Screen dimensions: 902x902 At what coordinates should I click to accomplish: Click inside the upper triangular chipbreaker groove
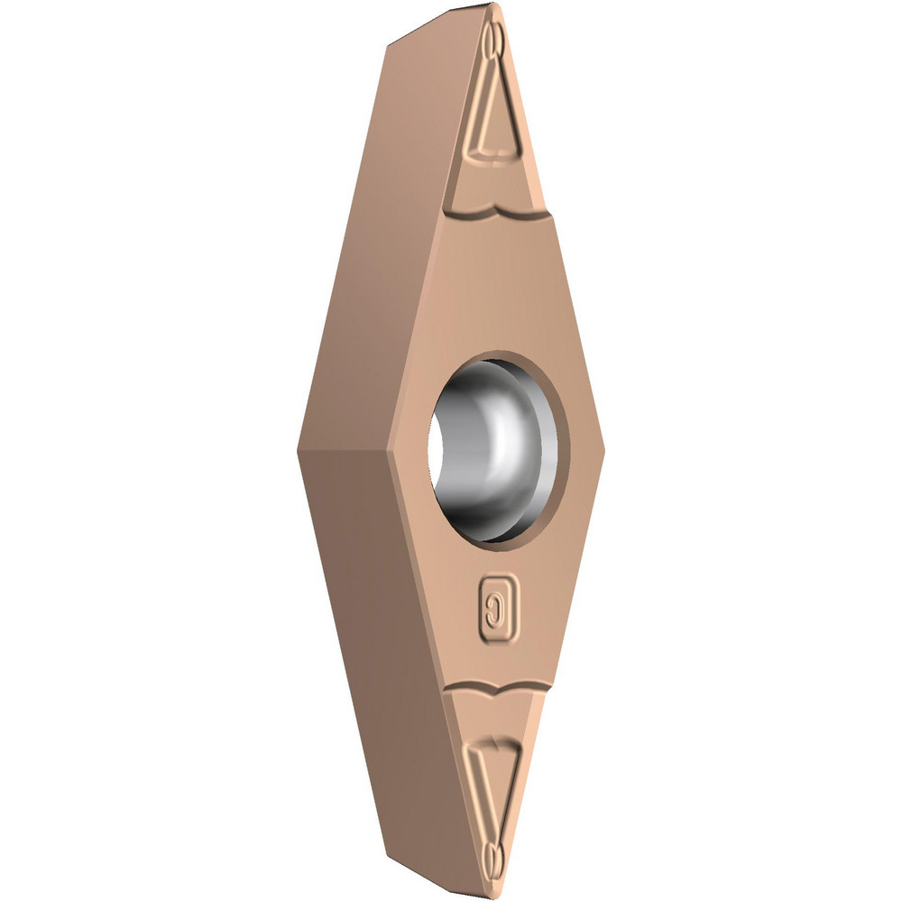click(498, 126)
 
